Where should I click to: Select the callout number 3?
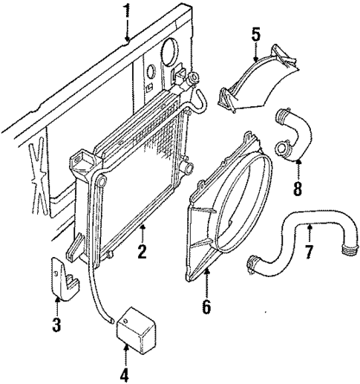pos(56,325)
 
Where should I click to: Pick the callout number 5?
pos(255,34)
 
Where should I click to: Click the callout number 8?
pos(298,189)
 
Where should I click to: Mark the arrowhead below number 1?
pos(127,38)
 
